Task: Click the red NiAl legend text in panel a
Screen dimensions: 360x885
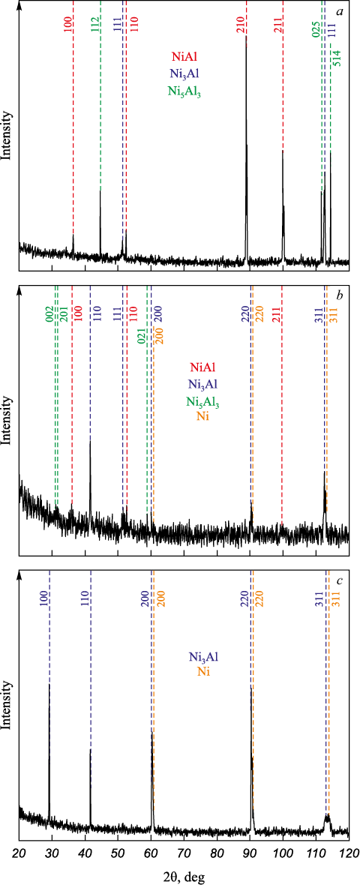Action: pyautogui.click(x=184, y=57)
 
